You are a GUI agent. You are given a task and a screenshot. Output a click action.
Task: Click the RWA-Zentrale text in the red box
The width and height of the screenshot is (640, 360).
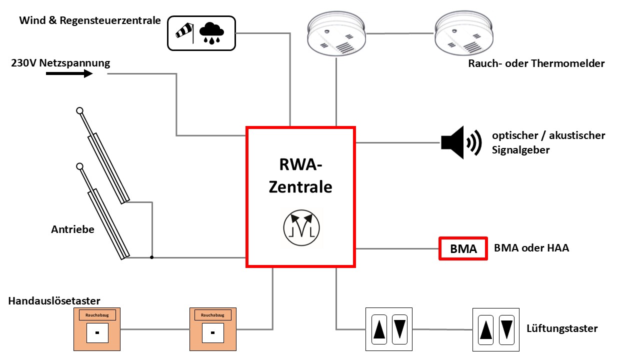click(300, 175)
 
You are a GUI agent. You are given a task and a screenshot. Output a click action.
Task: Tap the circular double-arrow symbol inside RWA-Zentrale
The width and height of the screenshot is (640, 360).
click(300, 228)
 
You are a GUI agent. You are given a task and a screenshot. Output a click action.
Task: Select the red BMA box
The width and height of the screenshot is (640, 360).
click(463, 248)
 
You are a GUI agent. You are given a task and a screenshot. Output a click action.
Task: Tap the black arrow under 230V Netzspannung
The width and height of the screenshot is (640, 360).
click(69, 74)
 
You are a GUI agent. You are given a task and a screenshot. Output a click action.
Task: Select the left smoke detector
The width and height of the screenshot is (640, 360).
click(336, 33)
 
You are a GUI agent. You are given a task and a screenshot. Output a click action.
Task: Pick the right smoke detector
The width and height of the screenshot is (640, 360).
click(464, 33)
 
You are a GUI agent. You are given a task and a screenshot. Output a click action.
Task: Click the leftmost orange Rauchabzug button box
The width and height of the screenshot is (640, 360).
click(97, 328)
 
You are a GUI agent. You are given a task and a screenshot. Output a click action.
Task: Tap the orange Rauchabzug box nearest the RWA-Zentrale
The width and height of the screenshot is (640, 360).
click(212, 328)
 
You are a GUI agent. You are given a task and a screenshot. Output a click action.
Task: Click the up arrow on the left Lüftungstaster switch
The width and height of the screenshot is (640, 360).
click(379, 329)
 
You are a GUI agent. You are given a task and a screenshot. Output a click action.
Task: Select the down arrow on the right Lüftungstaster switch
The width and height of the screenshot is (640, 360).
click(507, 329)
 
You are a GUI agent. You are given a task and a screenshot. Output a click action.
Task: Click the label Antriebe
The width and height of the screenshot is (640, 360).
click(72, 229)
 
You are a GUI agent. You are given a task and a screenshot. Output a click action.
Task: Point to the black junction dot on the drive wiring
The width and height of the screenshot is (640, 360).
click(152, 257)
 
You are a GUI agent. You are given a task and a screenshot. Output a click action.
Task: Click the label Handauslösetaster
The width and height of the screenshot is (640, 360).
click(54, 300)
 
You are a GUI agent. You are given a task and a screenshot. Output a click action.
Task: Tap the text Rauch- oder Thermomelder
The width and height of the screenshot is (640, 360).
click(536, 63)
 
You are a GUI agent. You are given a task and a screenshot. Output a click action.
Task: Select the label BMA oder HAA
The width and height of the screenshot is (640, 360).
click(531, 248)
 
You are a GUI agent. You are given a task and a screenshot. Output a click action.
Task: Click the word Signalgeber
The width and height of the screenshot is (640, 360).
click(520, 150)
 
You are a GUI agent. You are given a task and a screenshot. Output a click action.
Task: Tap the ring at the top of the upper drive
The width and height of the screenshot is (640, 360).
click(79, 111)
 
